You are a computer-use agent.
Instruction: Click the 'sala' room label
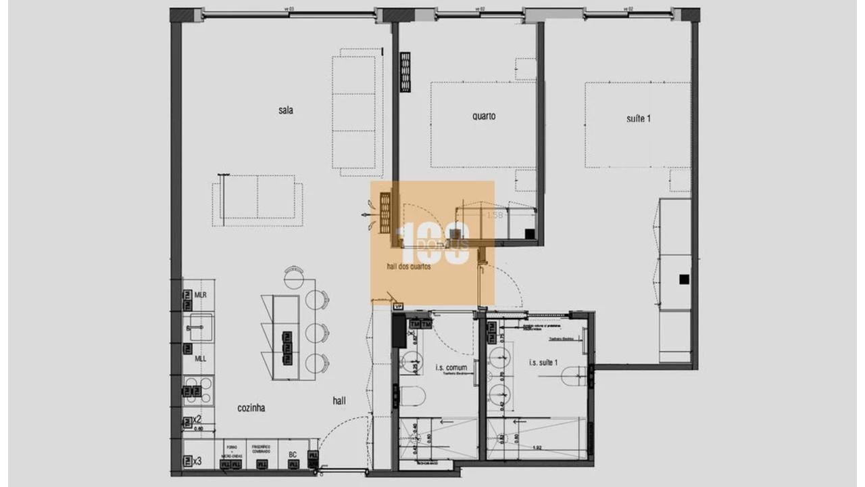pos(285,110)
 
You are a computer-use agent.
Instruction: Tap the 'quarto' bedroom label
pos(484,116)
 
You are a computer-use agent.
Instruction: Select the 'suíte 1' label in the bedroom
pos(639,119)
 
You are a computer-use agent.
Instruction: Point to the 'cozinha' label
pos(251,408)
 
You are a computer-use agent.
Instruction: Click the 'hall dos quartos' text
pos(409,266)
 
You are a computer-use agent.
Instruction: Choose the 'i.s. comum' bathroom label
pos(451,368)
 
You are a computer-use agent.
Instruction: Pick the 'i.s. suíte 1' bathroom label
pos(543,363)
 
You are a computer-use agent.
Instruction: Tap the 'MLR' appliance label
pos(201,296)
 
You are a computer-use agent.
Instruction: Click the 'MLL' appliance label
pos(201,358)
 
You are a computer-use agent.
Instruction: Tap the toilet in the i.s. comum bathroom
pos(412,396)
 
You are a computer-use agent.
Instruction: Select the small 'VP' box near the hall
pos(397,306)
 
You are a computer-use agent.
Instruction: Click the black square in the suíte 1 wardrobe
pos(684,279)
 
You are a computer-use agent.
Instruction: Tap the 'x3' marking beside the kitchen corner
pos(197,461)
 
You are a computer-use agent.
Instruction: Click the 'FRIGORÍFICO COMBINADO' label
pos(261,449)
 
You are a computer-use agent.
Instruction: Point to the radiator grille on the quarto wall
pos(405,72)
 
